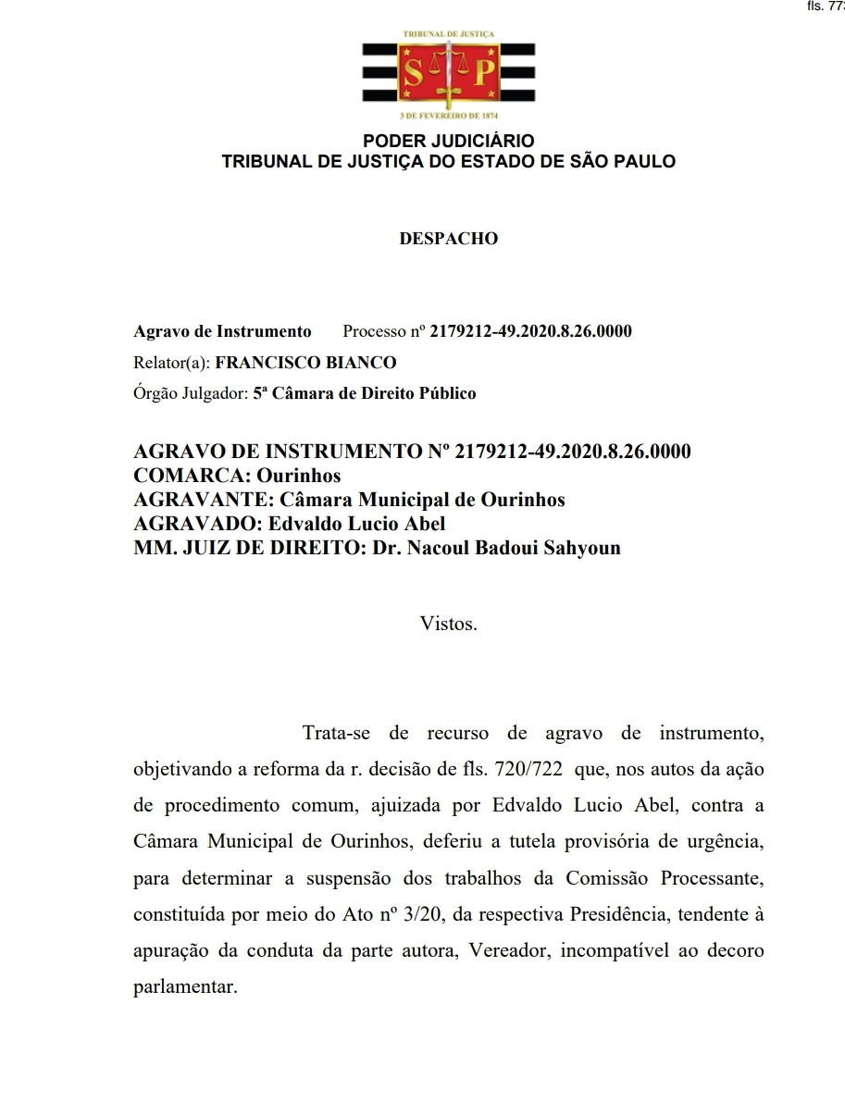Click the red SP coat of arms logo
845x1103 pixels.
[448, 74]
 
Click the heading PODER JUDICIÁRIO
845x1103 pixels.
[449, 142]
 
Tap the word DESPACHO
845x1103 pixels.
[449, 239]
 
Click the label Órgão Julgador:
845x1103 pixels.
[191, 393]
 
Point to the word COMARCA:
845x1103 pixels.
[192, 477]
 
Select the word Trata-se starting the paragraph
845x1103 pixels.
[337, 734]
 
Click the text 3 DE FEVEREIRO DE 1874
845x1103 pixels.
[449, 116]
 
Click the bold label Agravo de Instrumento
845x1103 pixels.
[223, 331]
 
